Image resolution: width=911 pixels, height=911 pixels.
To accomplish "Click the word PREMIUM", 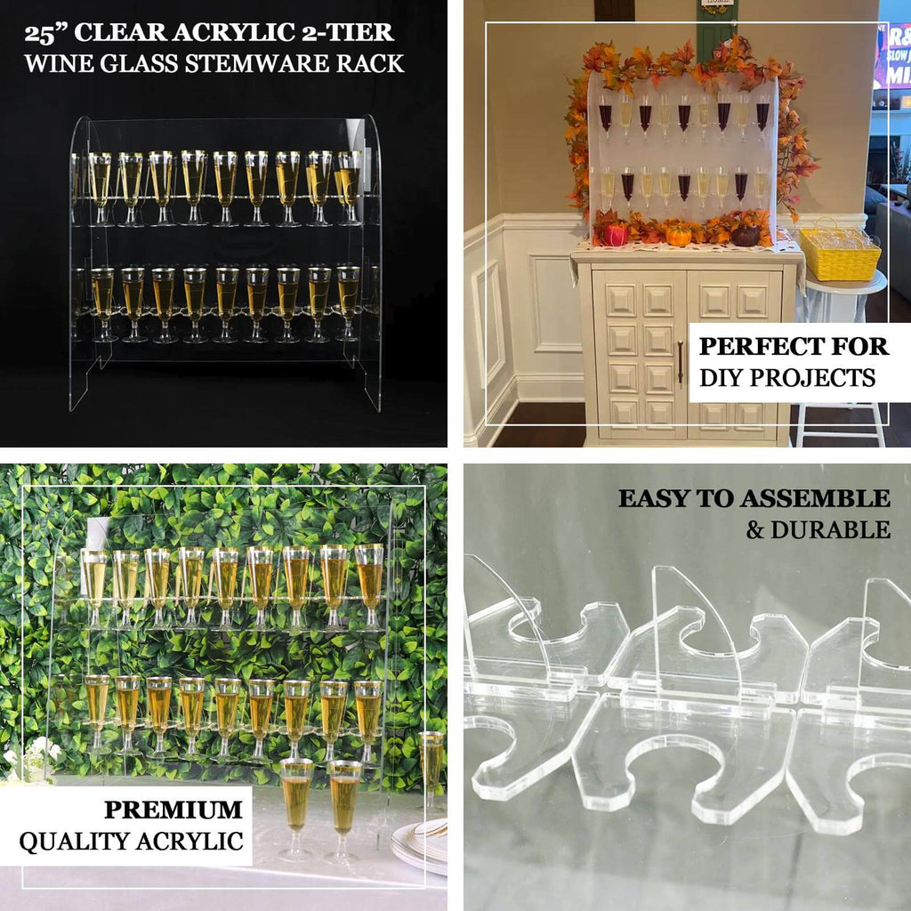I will (x=173, y=810).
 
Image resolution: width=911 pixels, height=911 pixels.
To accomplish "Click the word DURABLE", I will (x=830, y=530).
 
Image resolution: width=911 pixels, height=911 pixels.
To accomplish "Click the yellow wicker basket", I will (x=839, y=254).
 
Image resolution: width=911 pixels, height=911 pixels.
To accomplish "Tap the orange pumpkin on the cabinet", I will (x=678, y=236).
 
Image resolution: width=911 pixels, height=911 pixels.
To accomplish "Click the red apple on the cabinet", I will (x=616, y=235).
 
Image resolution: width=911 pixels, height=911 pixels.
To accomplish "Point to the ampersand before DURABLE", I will (x=755, y=531).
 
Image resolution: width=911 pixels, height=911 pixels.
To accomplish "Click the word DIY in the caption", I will (x=722, y=378).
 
